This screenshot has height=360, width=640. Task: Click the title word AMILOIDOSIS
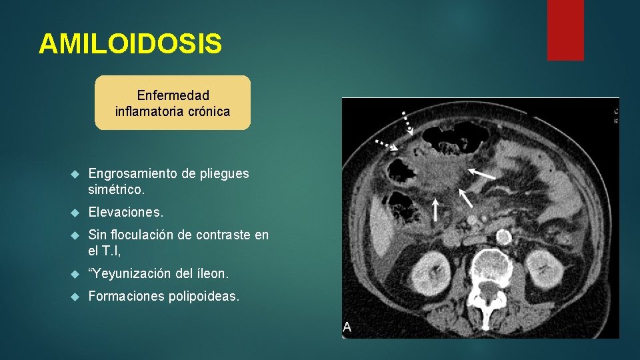coord(130,44)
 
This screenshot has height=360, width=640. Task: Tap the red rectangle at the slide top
coord(565,29)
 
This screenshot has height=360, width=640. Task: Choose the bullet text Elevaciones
coord(125,212)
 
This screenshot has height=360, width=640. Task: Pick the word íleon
coord(213,273)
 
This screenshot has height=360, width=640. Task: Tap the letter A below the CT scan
coord(347,327)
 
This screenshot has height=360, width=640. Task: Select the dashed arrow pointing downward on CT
coord(405,121)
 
